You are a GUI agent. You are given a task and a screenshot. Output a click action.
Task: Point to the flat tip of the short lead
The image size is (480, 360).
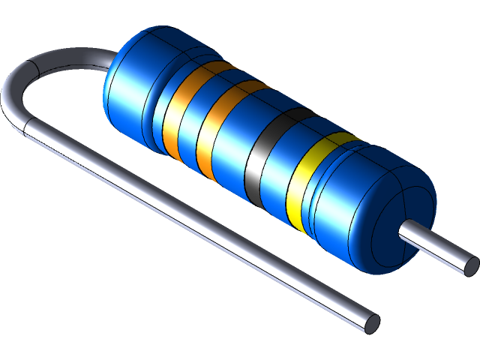point(471,265)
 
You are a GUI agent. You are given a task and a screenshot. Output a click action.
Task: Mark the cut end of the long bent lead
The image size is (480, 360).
point(370,322)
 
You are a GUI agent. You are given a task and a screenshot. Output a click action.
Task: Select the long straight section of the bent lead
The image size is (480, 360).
point(202,225)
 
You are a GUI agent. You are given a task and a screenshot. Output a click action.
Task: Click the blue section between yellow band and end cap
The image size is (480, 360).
point(330,195)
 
